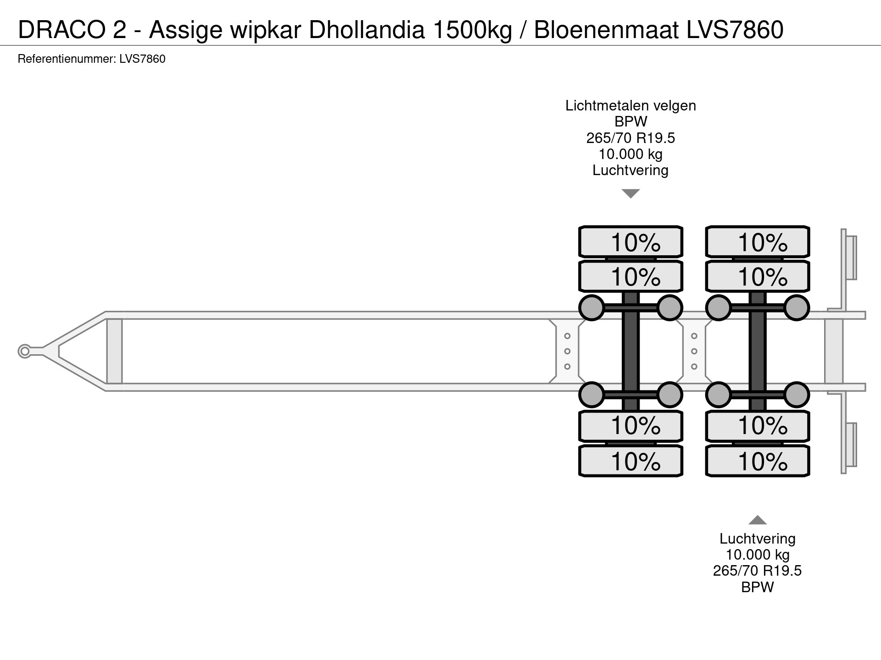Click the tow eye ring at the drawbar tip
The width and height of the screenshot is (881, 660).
click(24, 351)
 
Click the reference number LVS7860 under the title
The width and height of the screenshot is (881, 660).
click(142, 59)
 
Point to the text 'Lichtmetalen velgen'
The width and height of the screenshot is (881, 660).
click(630, 106)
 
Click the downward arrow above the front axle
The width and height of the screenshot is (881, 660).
click(630, 194)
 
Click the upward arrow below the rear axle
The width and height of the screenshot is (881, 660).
click(757, 520)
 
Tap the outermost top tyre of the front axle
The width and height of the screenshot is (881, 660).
click(630, 242)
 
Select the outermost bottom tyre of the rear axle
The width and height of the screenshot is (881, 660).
click(757, 461)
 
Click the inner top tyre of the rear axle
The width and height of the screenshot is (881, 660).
click(757, 276)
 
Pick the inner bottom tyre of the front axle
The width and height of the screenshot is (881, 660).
click(630, 426)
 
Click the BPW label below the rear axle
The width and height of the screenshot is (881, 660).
click(757, 587)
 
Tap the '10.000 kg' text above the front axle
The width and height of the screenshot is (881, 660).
click(630, 154)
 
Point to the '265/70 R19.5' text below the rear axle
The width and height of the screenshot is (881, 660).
click(757, 571)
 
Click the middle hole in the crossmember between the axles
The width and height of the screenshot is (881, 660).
click(694, 351)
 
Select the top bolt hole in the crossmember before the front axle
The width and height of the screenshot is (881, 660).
click(567, 336)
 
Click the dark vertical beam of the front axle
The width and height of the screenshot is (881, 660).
click(630, 351)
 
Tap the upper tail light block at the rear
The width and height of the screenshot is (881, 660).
click(851, 257)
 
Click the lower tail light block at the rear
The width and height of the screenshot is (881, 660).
click(851, 445)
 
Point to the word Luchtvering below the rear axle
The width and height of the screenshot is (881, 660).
click(757, 539)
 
